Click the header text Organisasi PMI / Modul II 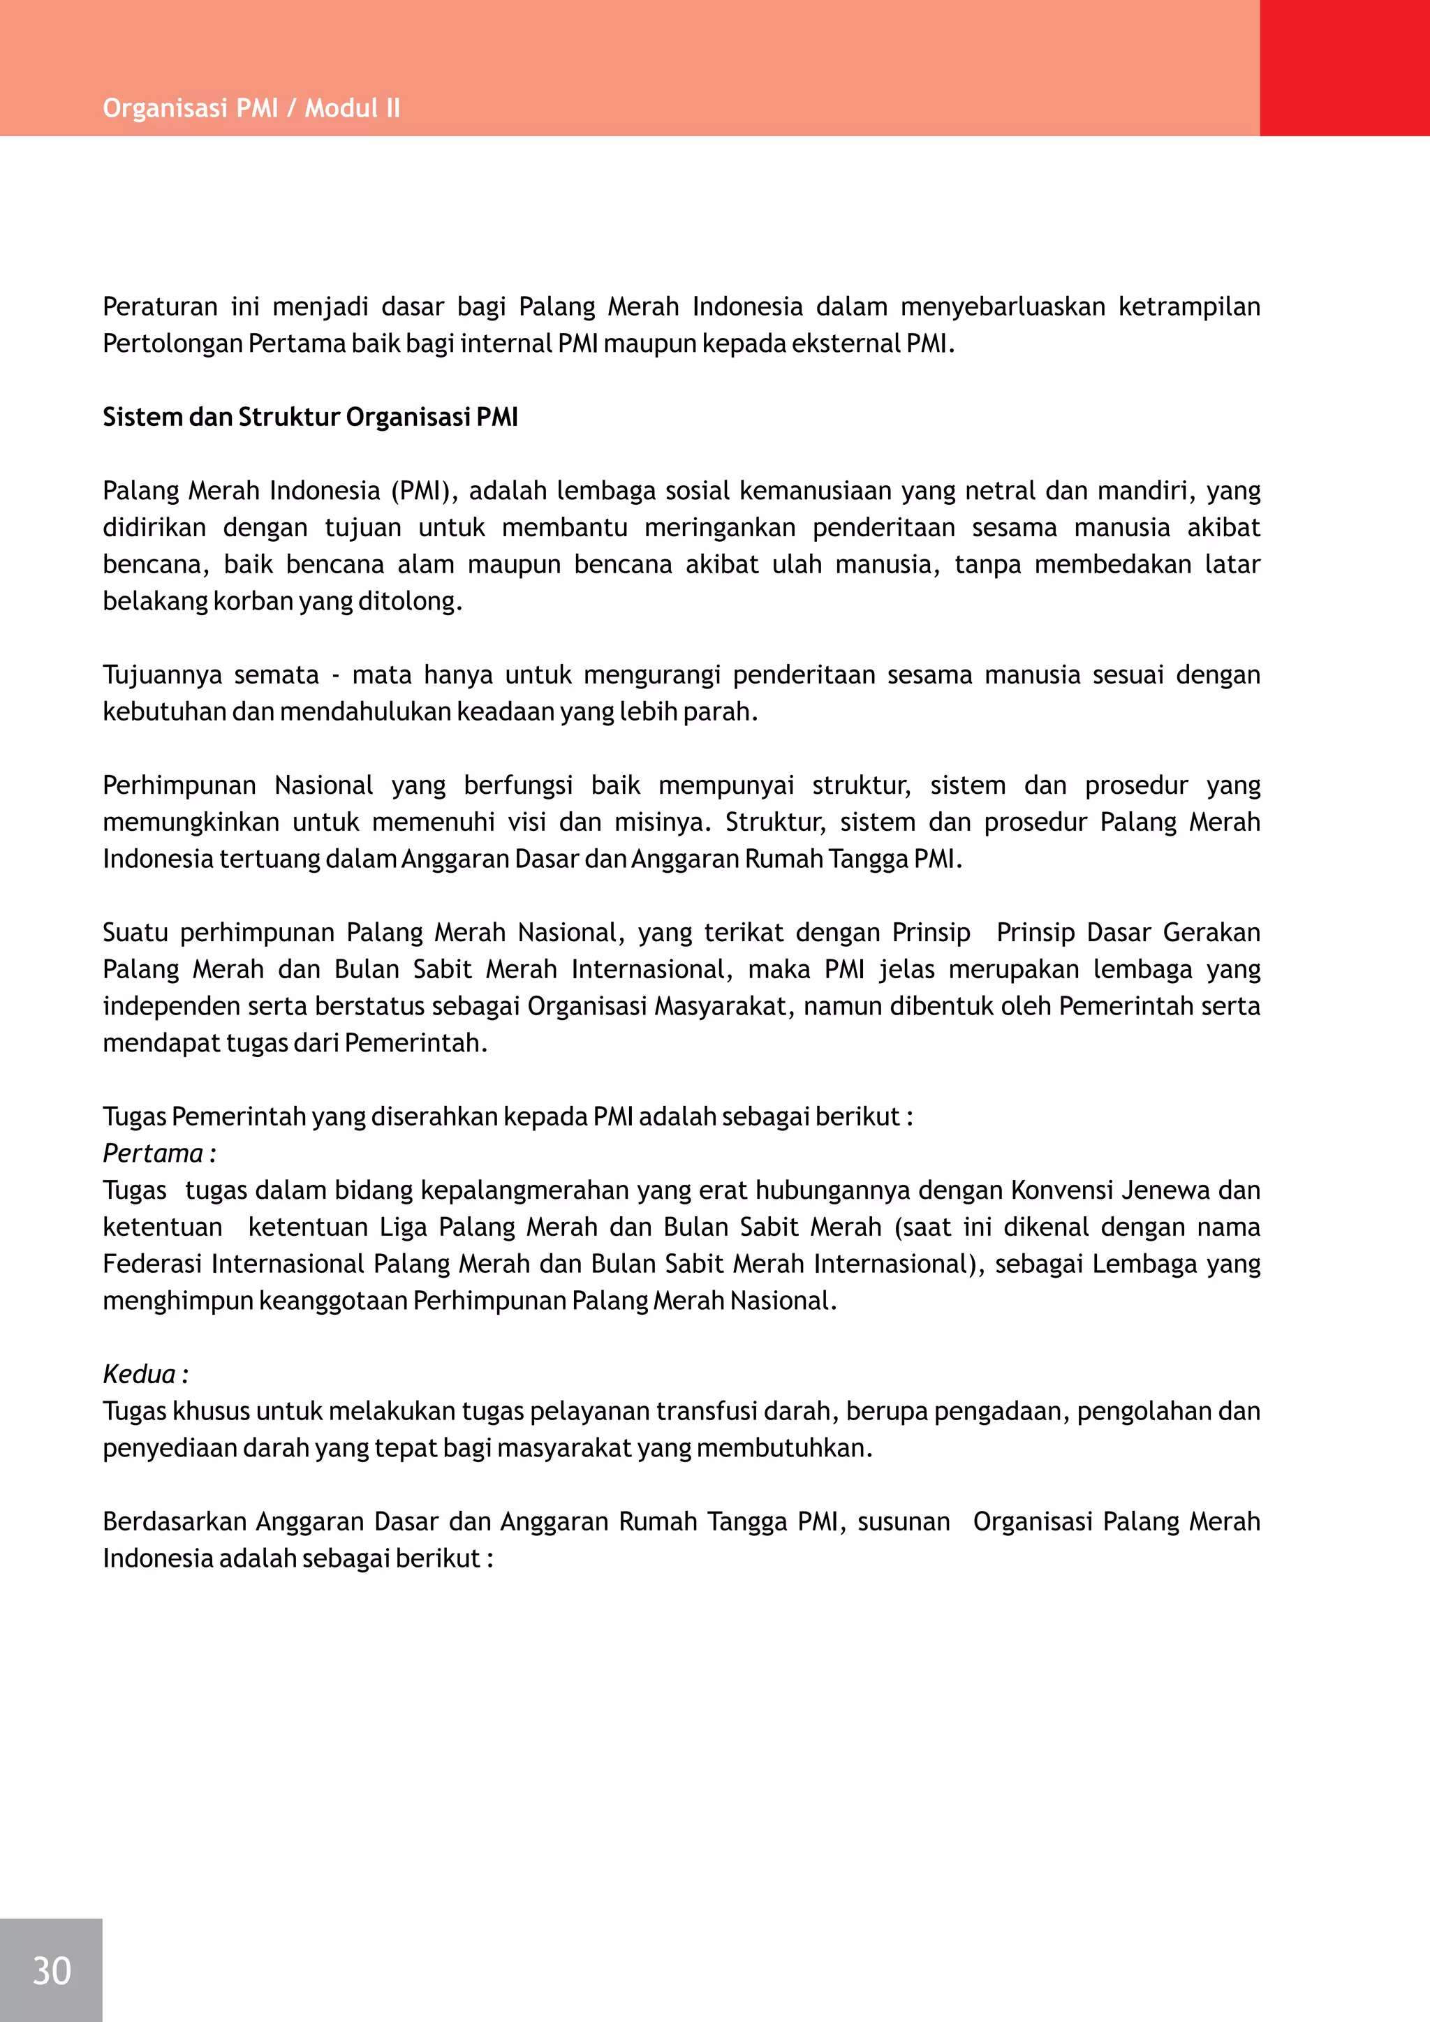point(251,108)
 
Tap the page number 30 point(51,1970)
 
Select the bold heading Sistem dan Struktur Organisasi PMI point(310,417)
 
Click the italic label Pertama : point(159,1153)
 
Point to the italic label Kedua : point(145,1374)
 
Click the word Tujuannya point(162,674)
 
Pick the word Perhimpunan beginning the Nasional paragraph point(179,785)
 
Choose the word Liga point(404,1227)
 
